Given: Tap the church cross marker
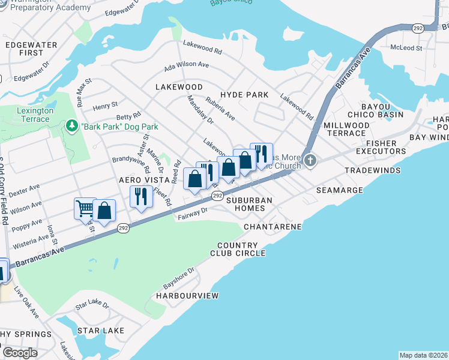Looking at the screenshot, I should tap(310, 160).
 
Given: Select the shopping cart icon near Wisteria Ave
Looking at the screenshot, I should tap(85, 208).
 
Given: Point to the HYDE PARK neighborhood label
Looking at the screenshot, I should tap(244, 95).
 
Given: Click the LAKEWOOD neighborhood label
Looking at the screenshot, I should tap(179, 87).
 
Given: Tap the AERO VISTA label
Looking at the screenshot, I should tap(141, 180).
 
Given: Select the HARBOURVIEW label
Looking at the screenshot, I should tap(187, 296).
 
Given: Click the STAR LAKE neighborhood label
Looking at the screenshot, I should tap(100, 331).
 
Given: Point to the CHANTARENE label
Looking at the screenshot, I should tap(273, 227).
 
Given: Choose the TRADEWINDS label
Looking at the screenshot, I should tap(372, 171).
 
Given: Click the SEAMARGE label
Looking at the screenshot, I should tap(340, 190).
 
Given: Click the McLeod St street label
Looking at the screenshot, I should tap(406, 47).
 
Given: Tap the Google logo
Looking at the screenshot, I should tap(20, 353).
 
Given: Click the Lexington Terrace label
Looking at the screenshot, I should tap(35, 115).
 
